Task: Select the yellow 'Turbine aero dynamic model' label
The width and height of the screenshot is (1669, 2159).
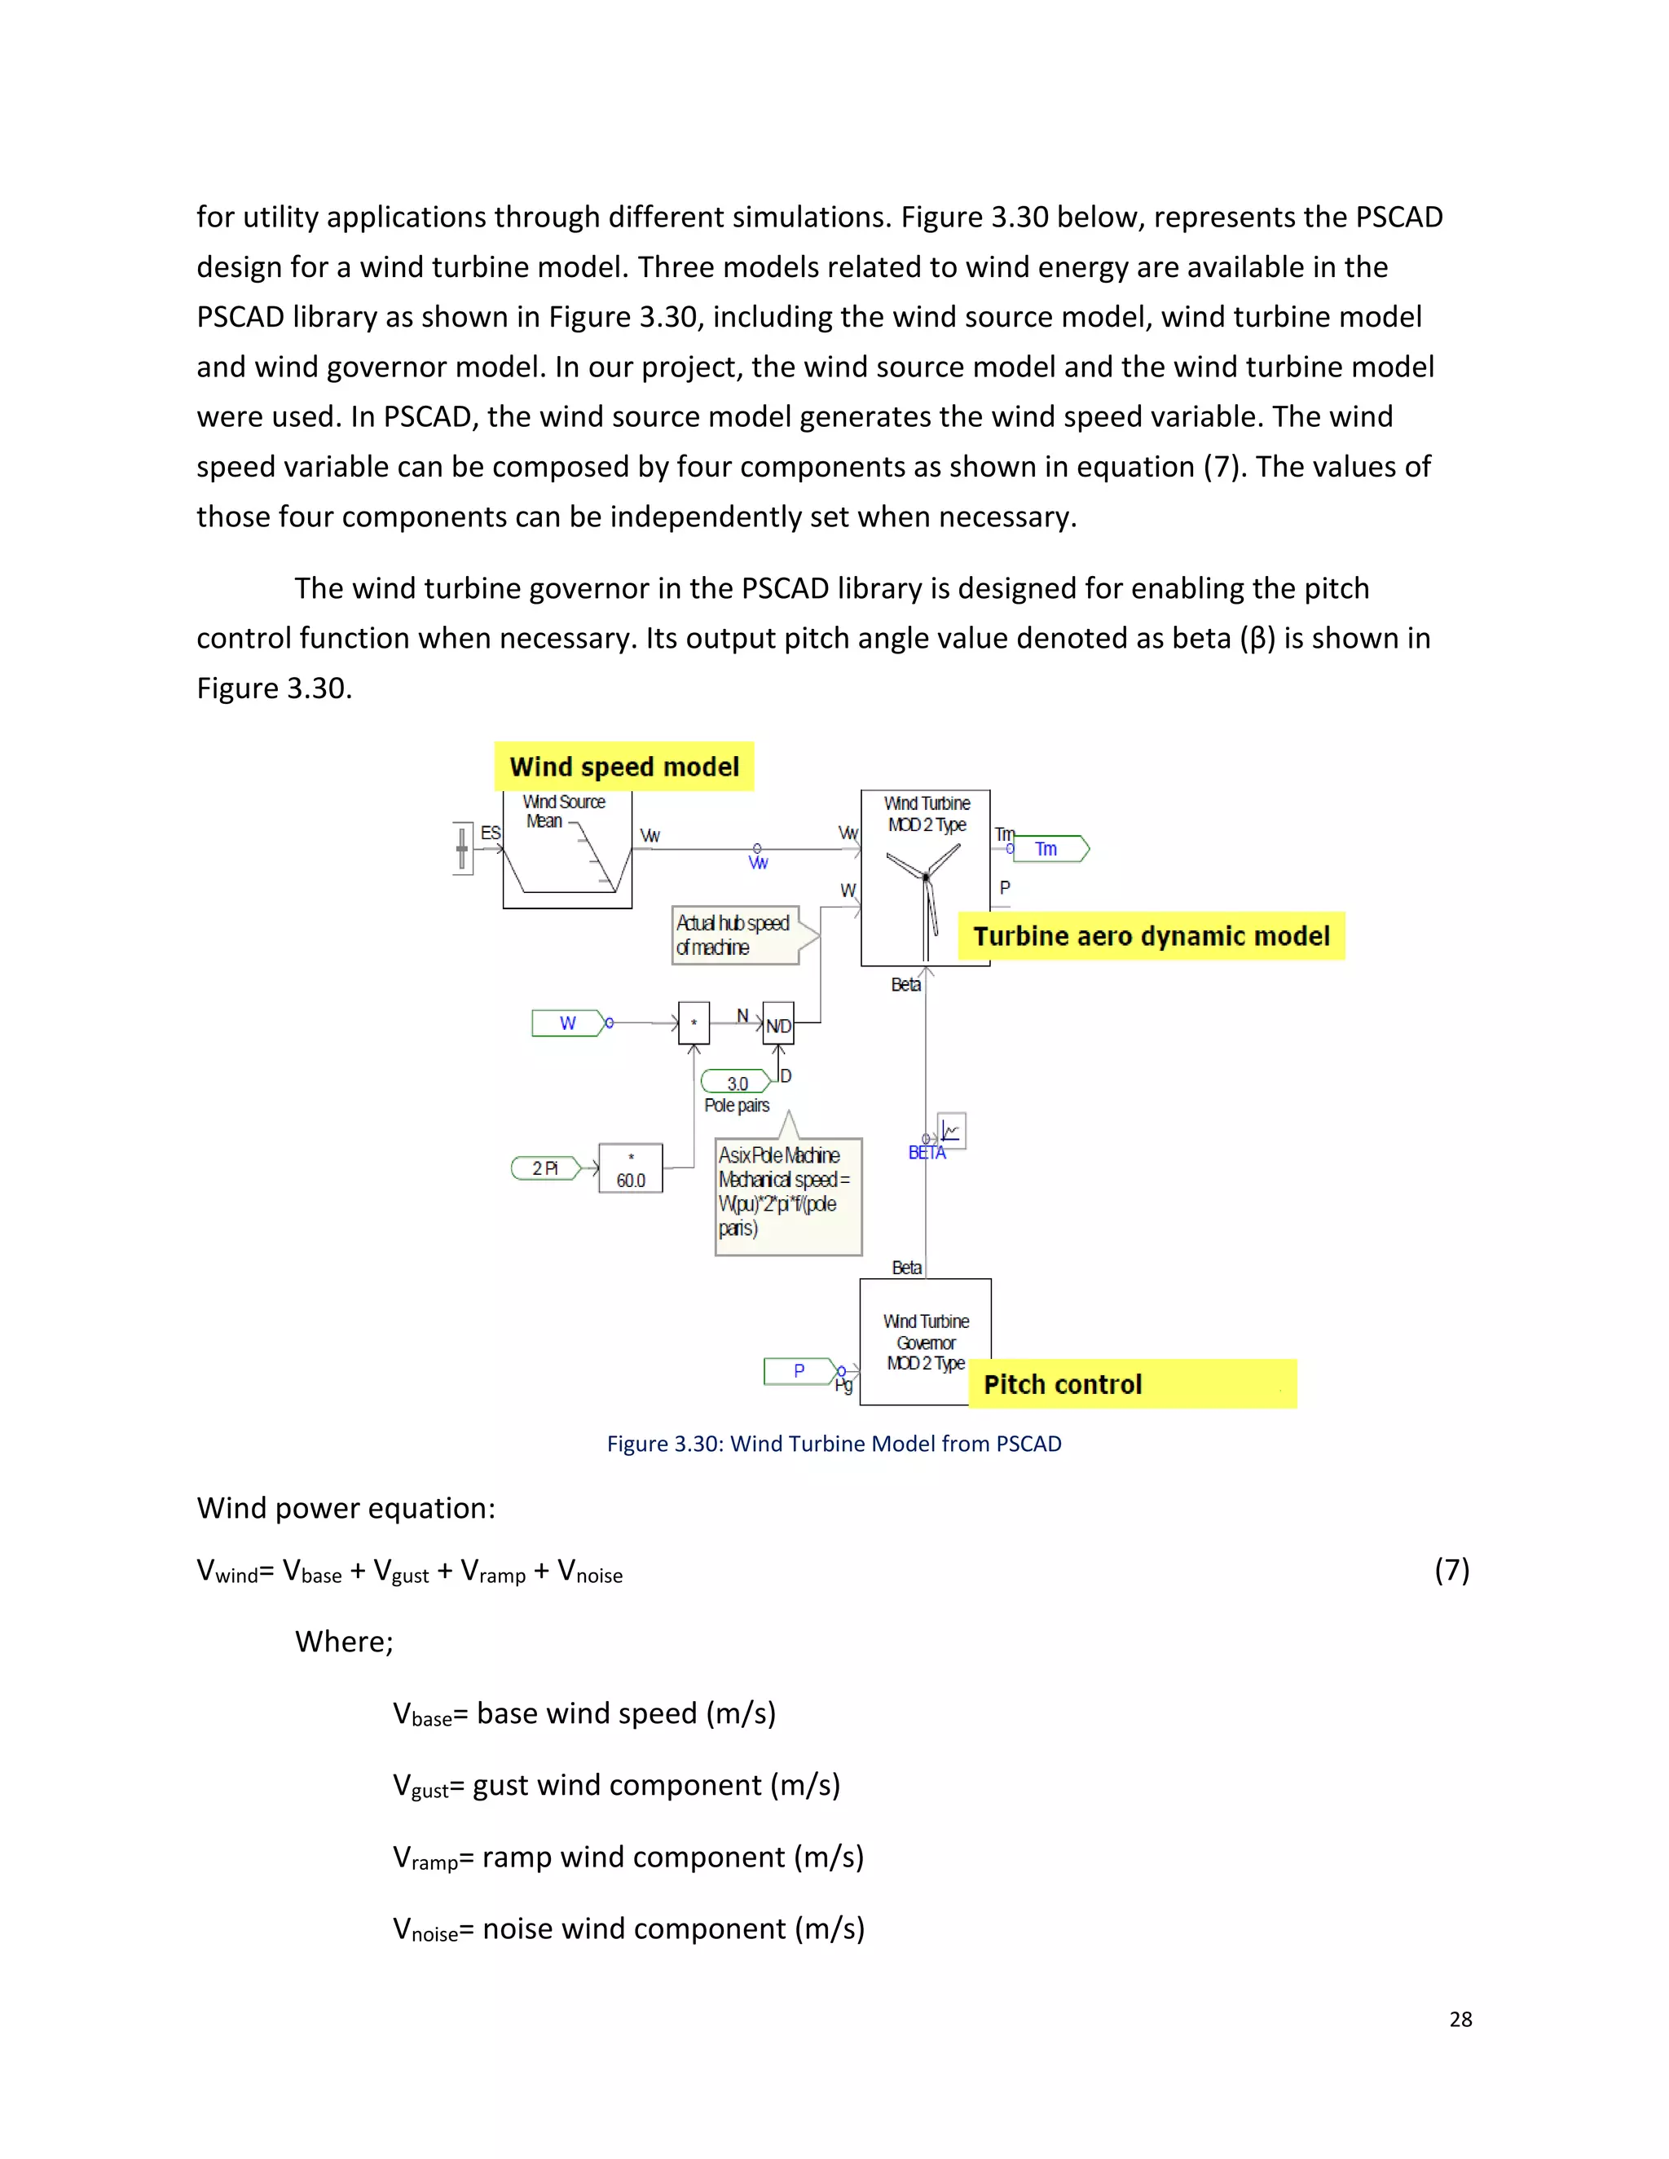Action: pyautogui.click(x=1151, y=935)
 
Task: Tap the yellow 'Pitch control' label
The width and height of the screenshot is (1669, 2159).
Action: pyautogui.click(x=1132, y=1383)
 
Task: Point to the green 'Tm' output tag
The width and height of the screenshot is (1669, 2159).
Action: pyautogui.click(x=1050, y=848)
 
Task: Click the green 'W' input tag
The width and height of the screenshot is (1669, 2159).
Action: pyautogui.click(x=569, y=1022)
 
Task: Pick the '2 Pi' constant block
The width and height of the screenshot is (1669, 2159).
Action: pyautogui.click(x=545, y=1167)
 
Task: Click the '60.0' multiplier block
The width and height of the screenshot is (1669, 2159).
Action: pyautogui.click(x=631, y=1168)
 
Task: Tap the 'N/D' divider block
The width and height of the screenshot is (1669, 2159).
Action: pyautogui.click(x=778, y=1025)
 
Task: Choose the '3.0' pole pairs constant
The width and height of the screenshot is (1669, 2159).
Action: pyautogui.click(x=736, y=1083)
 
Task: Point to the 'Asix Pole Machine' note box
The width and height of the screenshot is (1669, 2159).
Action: pyautogui.click(x=788, y=1196)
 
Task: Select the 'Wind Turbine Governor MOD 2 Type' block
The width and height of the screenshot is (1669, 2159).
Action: pyautogui.click(x=926, y=1342)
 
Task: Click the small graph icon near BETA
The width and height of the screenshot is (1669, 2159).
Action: pyautogui.click(x=951, y=1130)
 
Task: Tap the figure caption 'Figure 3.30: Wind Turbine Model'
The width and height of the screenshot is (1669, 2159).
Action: pyautogui.click(x=834, y=1444)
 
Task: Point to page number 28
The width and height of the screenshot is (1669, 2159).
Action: pyautogui.click(x=1460, y=2019)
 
